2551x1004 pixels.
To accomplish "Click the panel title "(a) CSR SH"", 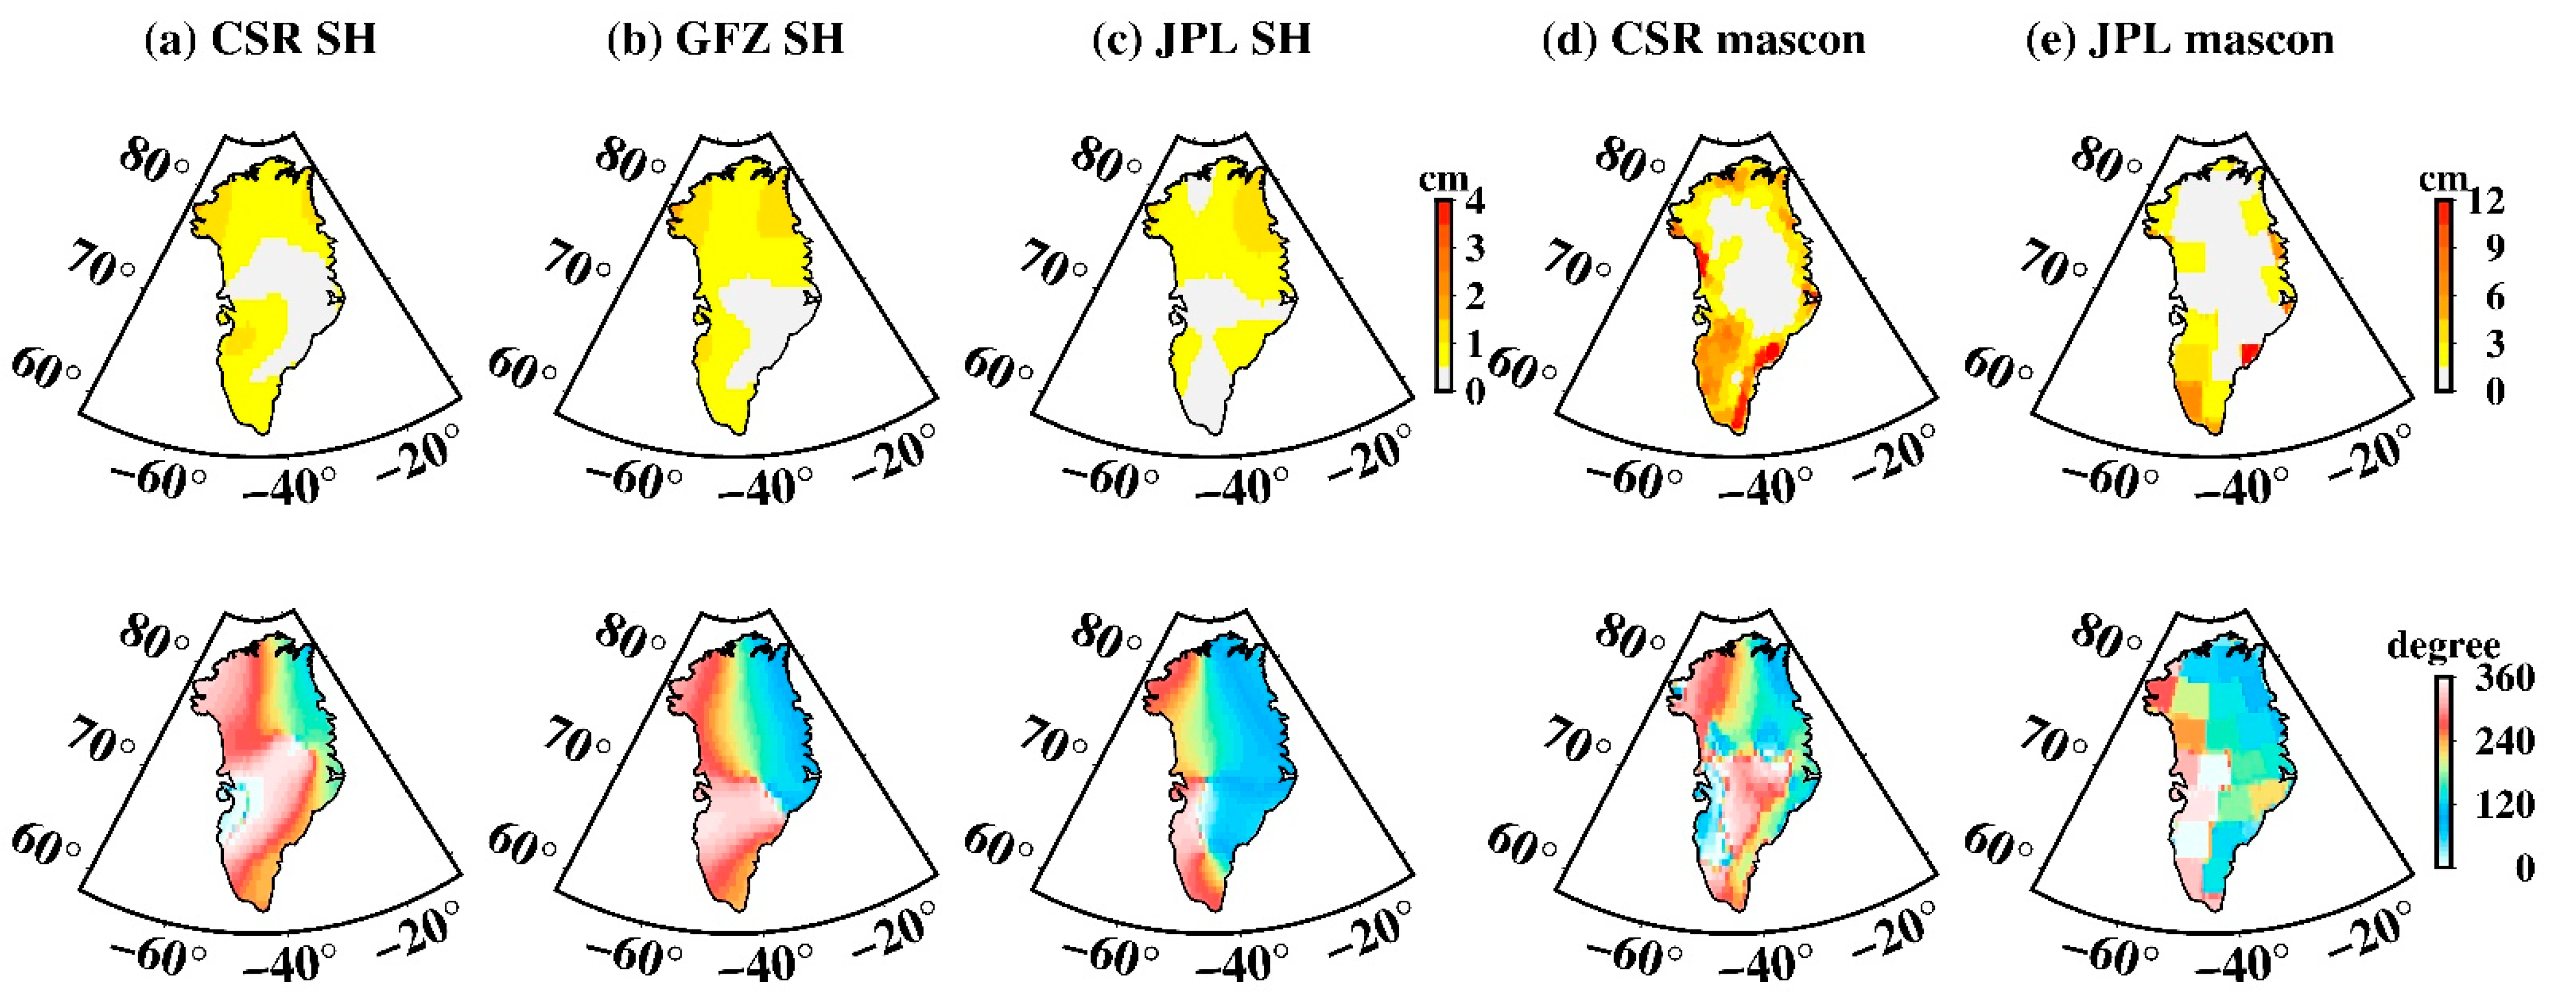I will coord(261,40).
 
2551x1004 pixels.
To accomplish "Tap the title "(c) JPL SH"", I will coord(1201,40).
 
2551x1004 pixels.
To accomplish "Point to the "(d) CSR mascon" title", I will coord(1703,40).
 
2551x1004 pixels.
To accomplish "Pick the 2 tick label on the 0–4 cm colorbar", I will coord(1475,295).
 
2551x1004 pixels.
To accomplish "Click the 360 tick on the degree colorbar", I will coord(2506,678).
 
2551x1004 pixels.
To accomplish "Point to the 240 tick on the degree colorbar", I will coord(2506,742).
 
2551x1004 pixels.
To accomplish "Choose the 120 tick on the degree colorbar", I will coord(2506,805).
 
